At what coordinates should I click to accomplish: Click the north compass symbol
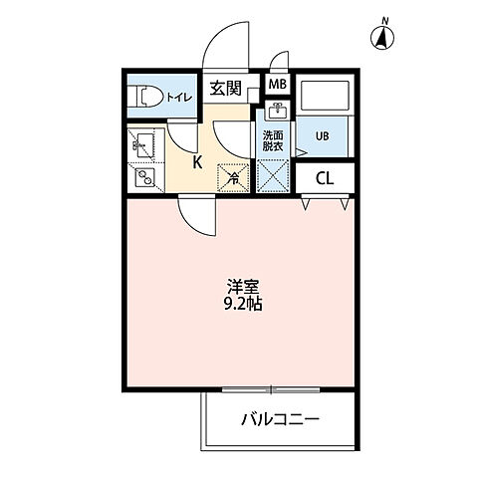coord(380,38)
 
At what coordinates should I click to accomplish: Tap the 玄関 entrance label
coord(225,89)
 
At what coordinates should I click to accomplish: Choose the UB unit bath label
coord(323,136)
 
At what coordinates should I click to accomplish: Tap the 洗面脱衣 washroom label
coord(273,141)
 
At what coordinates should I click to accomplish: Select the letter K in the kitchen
coord(197,161)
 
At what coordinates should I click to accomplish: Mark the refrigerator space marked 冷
coord(232,177)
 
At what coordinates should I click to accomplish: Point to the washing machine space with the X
coord(273,177)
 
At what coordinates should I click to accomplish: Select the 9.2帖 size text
coord(239,304)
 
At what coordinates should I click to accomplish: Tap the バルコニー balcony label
coord(280,419)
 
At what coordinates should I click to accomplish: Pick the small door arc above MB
coord(280,60)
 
